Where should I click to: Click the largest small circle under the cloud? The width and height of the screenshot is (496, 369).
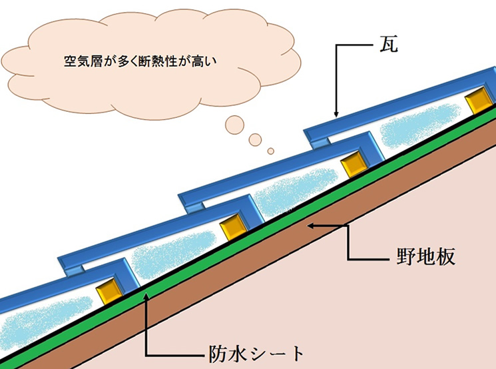click(x=234, y=124)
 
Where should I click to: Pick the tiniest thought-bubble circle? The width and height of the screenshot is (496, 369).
click(x=270, y=151)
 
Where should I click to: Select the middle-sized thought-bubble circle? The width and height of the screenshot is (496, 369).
click(x=256, y=139)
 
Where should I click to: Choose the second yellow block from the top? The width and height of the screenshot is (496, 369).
click(x=353, y=165)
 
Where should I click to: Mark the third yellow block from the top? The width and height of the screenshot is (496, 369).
click(x=232, y=226)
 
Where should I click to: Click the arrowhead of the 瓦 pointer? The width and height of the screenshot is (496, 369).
click(x=338, y=115)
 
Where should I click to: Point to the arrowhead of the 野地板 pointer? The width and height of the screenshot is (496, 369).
click(x=308, y=226)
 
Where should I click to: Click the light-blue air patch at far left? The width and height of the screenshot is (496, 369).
click(x=40, y=318)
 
